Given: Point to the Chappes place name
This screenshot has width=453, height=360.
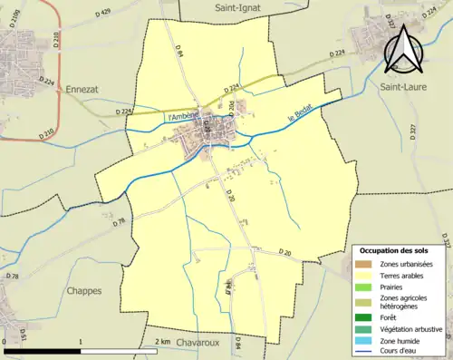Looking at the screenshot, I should [83, 291].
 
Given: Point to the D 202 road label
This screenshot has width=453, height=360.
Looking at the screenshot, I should [231, 108].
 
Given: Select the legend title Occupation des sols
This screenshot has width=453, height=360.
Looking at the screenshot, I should [400, 250].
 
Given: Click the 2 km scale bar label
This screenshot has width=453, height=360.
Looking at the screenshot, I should [163, 341].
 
